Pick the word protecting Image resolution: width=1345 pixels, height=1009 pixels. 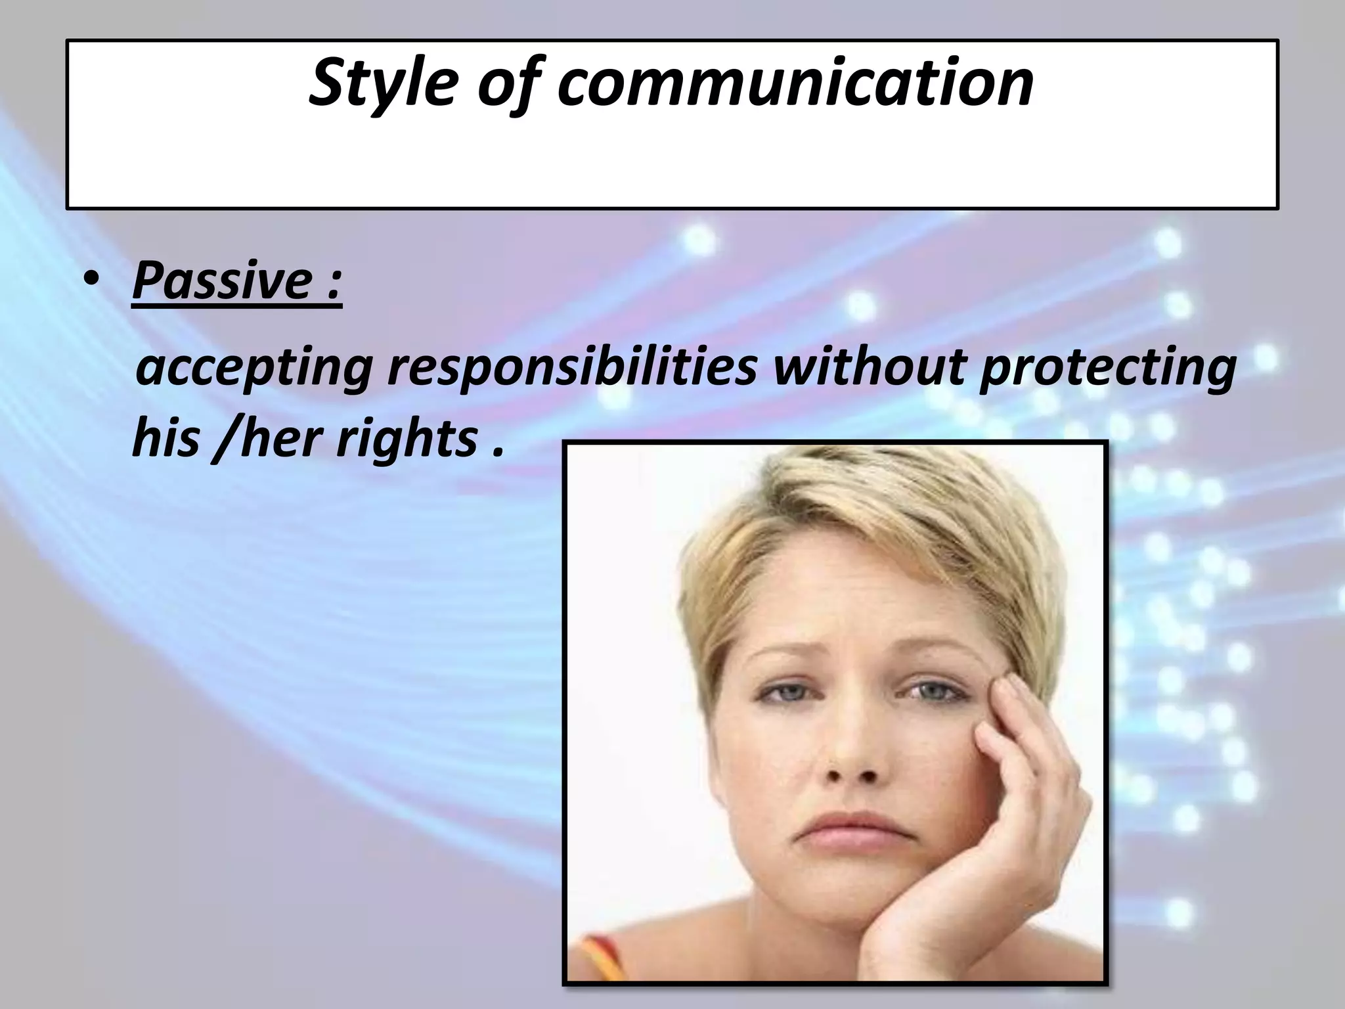coord(1107,369)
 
